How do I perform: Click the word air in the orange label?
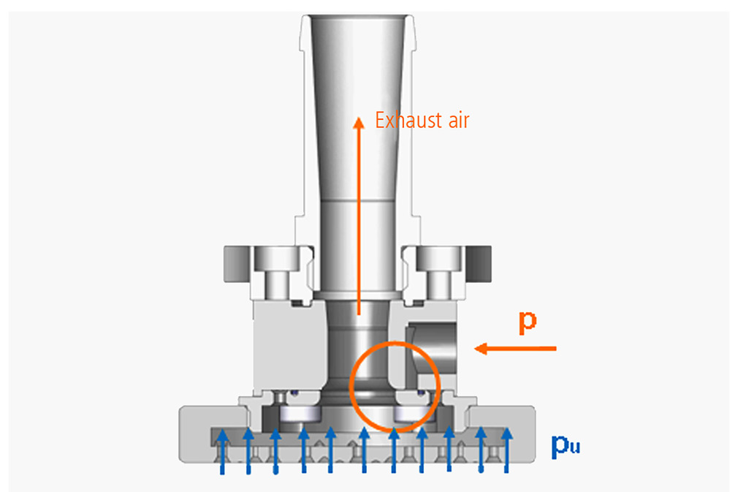click(458, 121)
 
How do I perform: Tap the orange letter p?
click(528, 322)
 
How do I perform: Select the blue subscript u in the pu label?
click(574, 447)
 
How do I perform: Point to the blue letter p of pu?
click(560, 445)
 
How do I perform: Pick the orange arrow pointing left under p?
click(515, 349)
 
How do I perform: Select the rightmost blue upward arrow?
click(506, 450)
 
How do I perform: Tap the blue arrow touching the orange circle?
click(393, 450)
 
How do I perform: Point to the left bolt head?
click(276, 259)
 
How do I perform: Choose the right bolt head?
click(438, 259)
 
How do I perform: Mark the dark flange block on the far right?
click(479, 264)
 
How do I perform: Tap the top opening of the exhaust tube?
click(358, 18)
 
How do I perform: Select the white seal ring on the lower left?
click(300, 414)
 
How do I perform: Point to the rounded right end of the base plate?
click(530, 433)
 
